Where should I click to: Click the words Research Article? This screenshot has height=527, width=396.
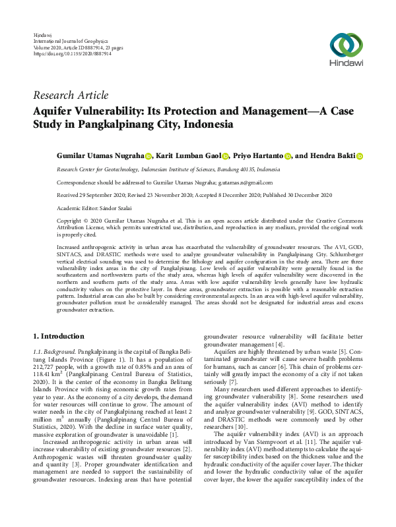70,96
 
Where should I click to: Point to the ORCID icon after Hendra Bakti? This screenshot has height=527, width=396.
360,157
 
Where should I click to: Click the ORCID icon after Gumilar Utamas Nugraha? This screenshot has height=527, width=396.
148,157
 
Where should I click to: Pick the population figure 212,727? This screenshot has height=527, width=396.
46,369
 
